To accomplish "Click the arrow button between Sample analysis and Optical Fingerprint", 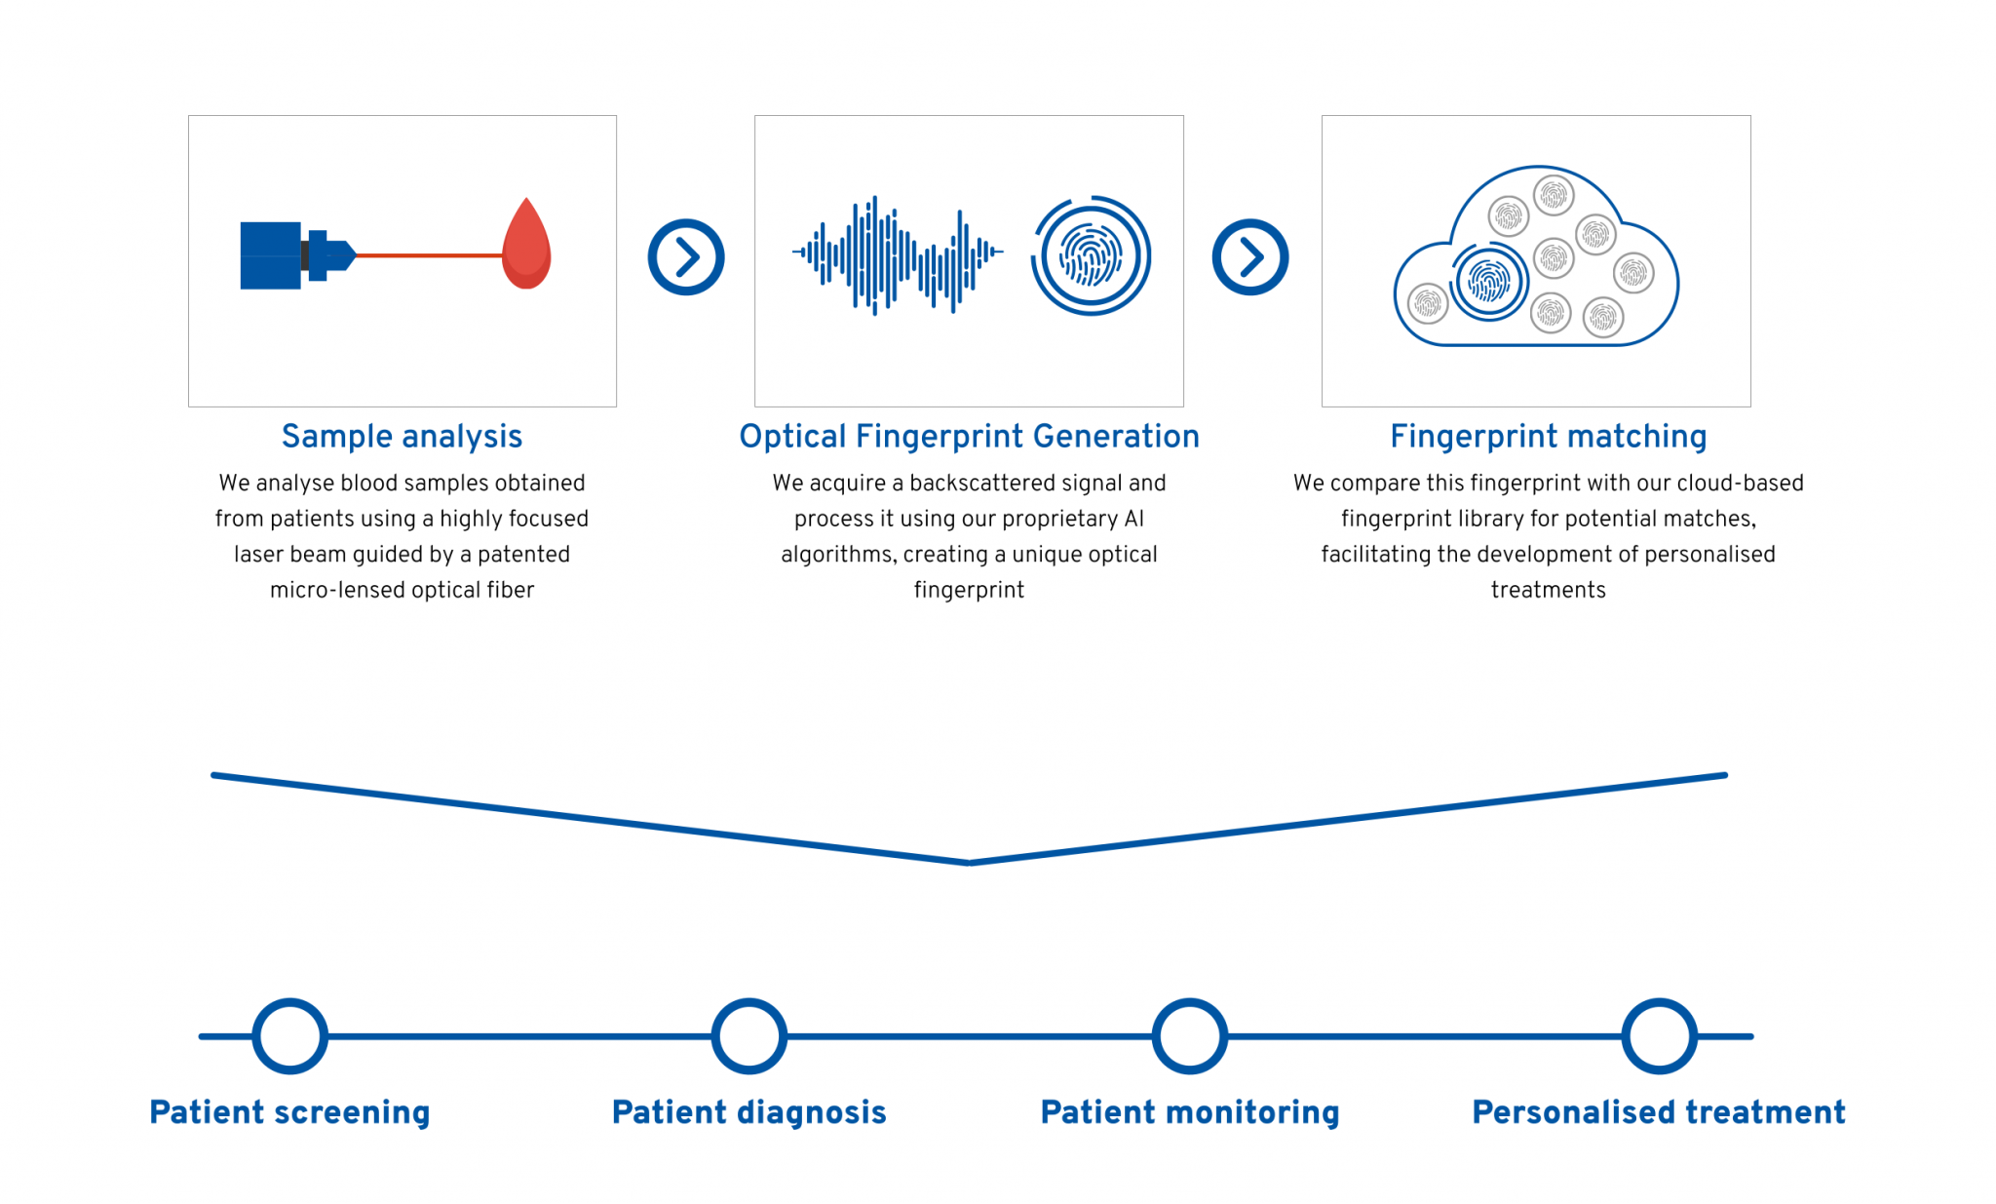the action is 686,257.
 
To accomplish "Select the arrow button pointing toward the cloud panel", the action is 1250,257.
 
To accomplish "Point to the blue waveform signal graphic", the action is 898,254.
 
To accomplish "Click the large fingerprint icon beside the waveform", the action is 1092,255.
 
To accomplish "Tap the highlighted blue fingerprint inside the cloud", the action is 1488,283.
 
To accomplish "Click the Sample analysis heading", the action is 402,437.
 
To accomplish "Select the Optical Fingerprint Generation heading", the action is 969,437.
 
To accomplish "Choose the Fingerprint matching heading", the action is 1548,437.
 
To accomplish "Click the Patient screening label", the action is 289,1112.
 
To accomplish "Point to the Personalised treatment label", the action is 1659,1112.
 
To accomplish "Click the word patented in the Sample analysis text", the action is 523,555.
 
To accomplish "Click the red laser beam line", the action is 429,255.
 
